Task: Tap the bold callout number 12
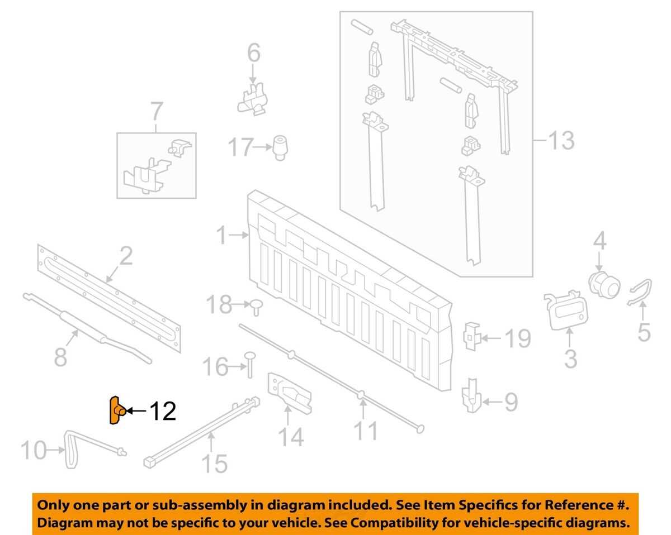coord(163,412)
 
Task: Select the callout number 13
coord(561,140)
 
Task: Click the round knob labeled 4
coord(604,285)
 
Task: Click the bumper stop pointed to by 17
coord(280,147)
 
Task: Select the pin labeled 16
coord(250,364)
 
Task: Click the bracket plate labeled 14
coord(289,393)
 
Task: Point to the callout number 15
coord(215,464)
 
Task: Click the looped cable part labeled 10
coord(70,448)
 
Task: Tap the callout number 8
coord(60,357)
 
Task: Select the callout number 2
coord(126,255)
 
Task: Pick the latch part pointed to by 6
coord(253,99)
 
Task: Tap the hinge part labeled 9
coord(471,395)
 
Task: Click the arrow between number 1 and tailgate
coord(239,235)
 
